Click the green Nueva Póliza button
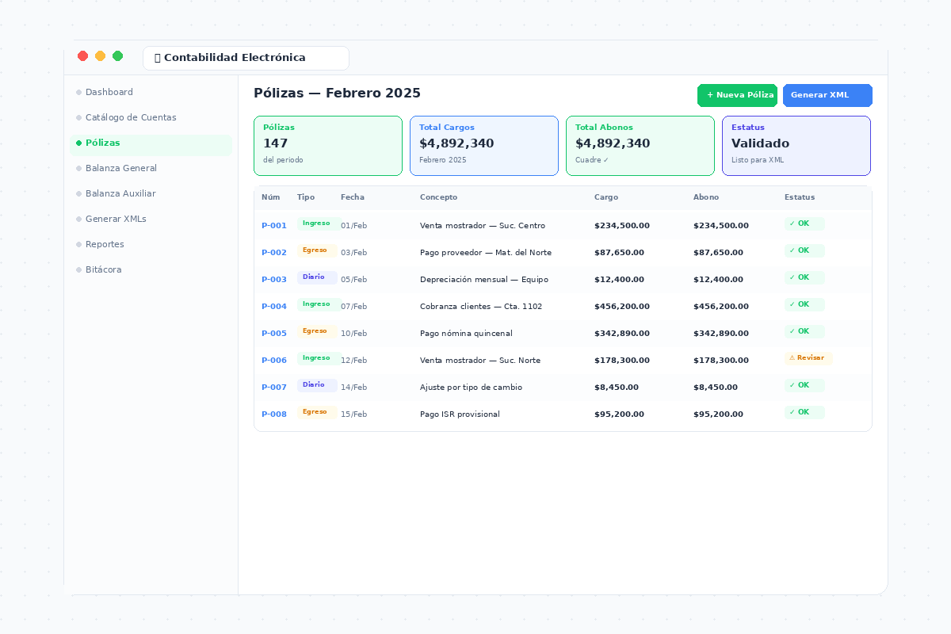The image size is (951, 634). (x=737, y=95)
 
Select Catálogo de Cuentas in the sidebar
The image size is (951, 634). (x=131, y=117)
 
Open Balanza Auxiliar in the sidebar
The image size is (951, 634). (x=120, y=193)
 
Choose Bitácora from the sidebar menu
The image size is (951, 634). (x=104, y=269)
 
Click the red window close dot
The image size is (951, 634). (x=82, y=56)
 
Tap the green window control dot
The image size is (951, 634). (x=117, y=56)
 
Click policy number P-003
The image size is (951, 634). (x=274, y=280)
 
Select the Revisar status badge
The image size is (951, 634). (x=808, y=358)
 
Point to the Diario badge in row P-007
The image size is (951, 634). (x=317, y=384)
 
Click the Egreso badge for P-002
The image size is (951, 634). (x=317, y=250)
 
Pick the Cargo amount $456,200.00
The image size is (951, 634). (x=622, y=306)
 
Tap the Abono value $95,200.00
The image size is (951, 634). (x=718, y=414)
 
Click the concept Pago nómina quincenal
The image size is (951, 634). (x=466, y=334)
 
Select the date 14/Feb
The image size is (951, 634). (x=353, y=388)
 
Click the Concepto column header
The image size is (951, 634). (x=438, y=197)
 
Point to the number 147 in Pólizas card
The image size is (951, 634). (x=276, y=143)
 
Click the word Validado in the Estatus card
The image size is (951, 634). (x=760, y=143)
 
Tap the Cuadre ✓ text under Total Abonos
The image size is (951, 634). (x=592, y=160)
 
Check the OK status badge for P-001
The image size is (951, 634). (x=804, y=223)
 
